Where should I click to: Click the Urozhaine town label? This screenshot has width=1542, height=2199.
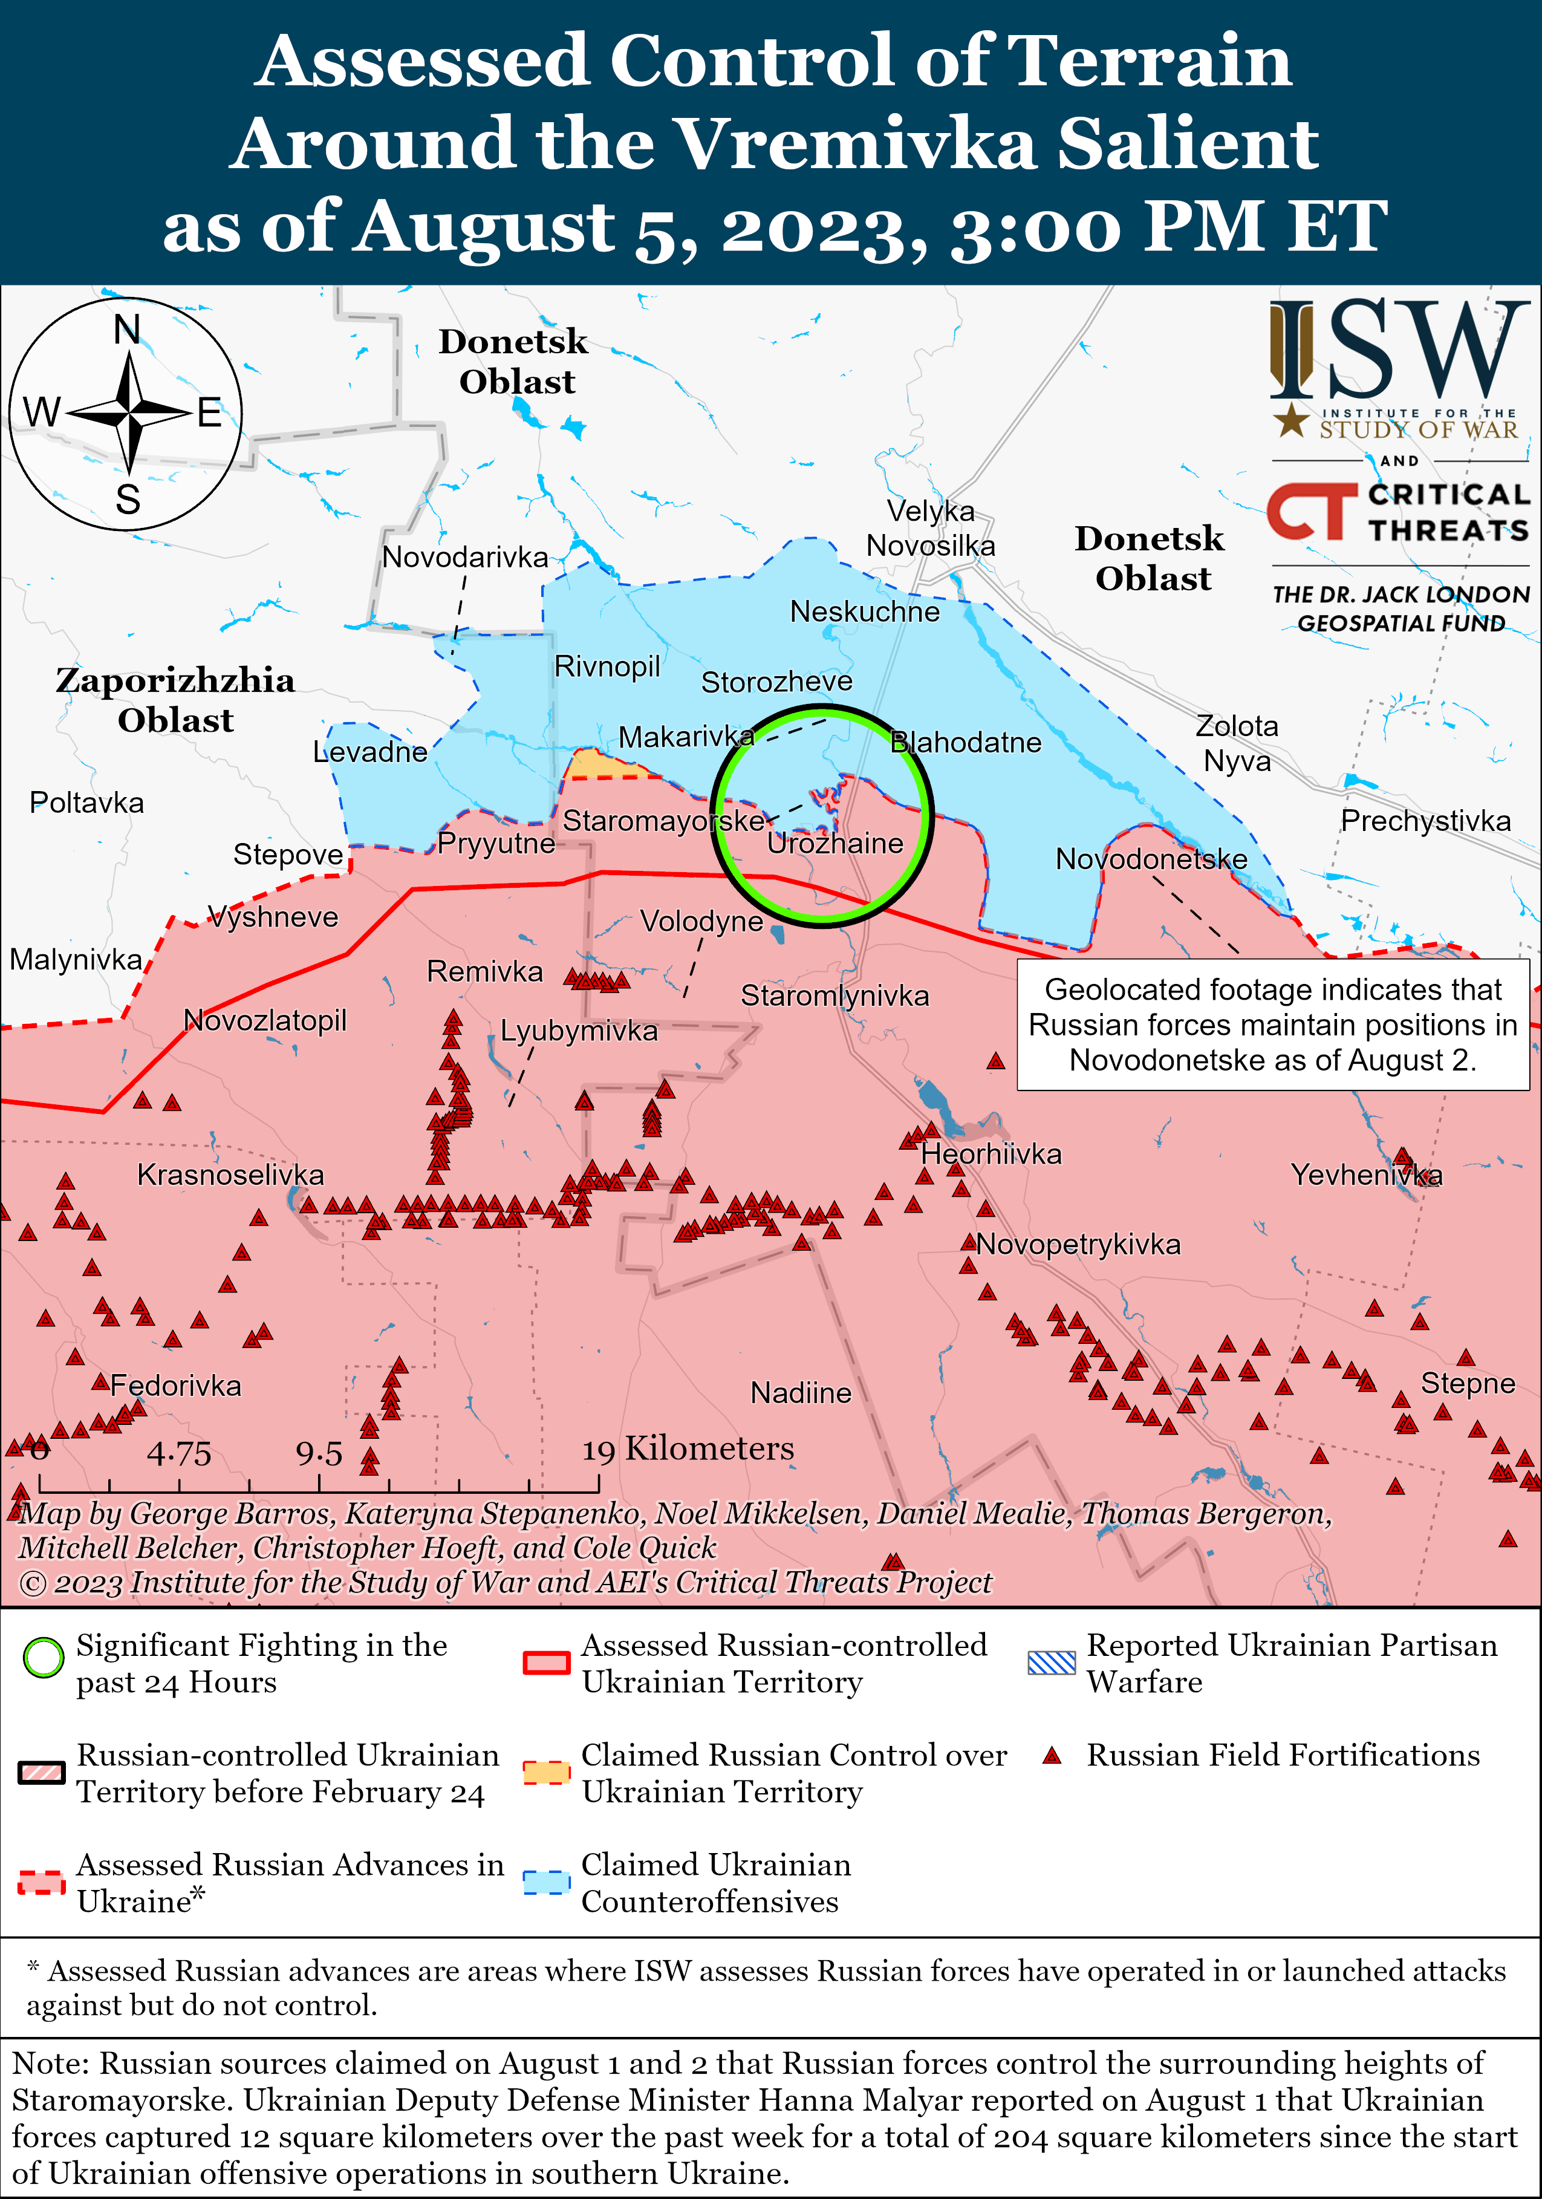[x=835, y=844]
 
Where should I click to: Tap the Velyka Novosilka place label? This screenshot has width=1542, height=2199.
[x=931, y=529]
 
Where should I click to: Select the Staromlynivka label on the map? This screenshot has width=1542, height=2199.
[x=834, y=996]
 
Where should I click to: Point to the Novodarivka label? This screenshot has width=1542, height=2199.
[x=466, y=558]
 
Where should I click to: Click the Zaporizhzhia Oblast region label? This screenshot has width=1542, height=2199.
[x=175, y=700]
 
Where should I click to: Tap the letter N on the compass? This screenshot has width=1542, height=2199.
[x=128, y=330]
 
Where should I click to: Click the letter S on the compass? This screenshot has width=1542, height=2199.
[x=128, y=500]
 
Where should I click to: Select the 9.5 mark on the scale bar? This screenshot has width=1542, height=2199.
[x=319, y=1454]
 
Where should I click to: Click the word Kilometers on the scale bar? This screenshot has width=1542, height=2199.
[x=710, y=1449]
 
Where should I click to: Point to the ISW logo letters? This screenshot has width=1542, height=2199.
[x=1398, y=350]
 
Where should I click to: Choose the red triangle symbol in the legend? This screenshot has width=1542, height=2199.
[x=1053, y=1756]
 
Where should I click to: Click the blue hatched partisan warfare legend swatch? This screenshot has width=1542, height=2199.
[x=1052, y=1662]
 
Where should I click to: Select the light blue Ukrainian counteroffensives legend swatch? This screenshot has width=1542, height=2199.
[x=547, y=1882]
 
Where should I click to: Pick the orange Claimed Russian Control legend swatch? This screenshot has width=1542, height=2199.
[x=547, y=1772]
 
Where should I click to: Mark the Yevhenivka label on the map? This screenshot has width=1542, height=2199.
[x=1366, y=1175]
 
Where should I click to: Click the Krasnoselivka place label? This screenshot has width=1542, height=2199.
[x=231, y=1175]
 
